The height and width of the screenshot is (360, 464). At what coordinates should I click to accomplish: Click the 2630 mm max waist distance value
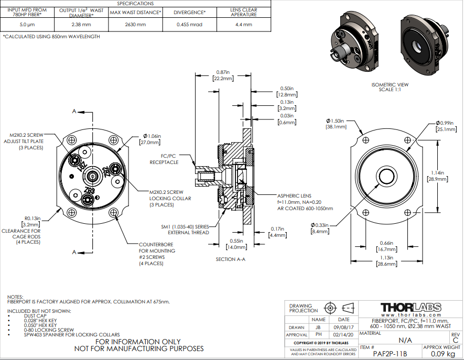pos(135,24)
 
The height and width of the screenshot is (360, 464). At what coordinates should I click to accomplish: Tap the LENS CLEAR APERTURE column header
pos(244,12)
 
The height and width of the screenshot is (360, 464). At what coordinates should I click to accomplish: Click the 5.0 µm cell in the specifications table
pos(27,24)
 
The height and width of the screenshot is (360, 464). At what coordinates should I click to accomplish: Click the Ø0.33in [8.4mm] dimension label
pos(320,228)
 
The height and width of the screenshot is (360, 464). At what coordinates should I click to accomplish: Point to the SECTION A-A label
pos(230,259)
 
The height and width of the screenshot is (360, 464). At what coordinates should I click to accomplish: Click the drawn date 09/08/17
pos(343,326)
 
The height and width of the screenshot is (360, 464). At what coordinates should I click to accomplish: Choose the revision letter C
pos(455,340)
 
